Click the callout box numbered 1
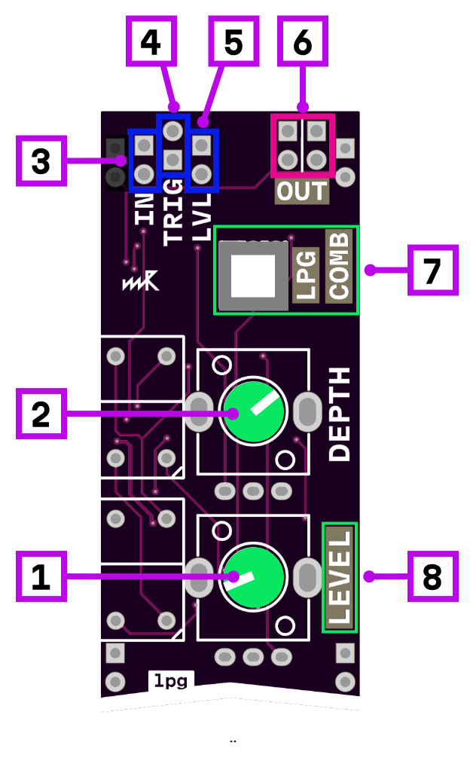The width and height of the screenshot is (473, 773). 41,576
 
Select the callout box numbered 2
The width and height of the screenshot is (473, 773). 41,414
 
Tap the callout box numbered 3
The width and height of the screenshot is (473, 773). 41,160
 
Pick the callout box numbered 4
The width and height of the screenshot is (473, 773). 151,41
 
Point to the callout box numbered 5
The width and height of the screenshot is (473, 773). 233,41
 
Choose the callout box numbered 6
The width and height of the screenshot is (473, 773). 303,41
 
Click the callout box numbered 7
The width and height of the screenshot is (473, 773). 432,270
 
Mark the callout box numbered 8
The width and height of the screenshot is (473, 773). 432,576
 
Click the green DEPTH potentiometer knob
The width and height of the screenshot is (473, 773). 253,411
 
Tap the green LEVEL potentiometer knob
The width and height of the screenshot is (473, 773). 253,576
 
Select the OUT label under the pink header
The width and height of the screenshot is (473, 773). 302,192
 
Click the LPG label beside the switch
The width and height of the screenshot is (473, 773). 306,275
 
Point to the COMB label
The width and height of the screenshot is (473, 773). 339,266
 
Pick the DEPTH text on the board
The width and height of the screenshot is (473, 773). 340,414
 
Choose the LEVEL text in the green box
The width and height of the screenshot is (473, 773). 340,577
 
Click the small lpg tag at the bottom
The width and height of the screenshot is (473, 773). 171,681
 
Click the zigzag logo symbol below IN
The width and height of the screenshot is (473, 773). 141,282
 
